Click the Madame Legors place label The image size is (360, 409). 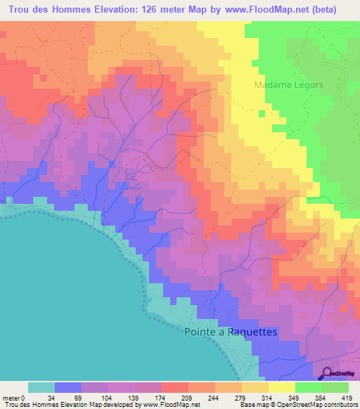click(x=288, y=84)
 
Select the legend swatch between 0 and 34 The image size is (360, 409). click(x=41, y=387)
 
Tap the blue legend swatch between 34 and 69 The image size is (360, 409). click(x=68, y=387)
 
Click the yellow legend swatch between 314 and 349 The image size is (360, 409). click(x=282, y=387)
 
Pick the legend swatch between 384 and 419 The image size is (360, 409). click(x=335, y=387)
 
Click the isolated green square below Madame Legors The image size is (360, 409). click(x=262, y=112)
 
